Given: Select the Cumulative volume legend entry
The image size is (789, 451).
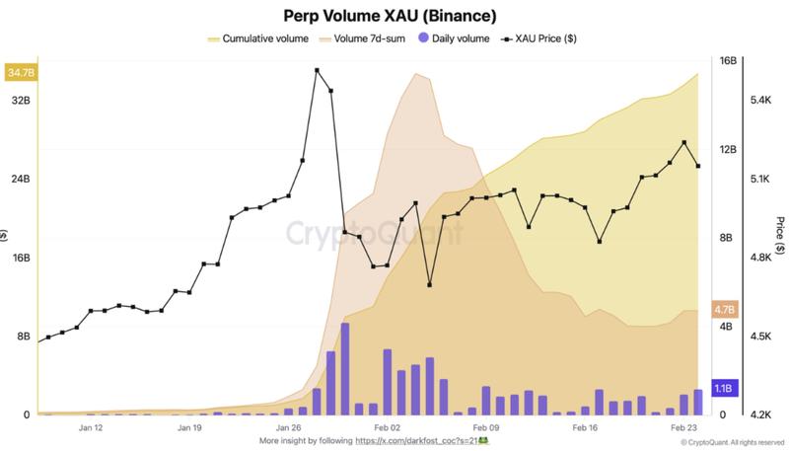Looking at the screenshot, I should pos(258,38).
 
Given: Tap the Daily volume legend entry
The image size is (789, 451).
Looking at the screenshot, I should pos(455,38).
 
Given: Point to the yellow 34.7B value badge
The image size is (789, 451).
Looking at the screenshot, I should pos(19,73).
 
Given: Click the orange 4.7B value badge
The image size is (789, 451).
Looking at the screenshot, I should pos(724,309).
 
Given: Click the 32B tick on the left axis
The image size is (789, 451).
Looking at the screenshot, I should pos(20,101).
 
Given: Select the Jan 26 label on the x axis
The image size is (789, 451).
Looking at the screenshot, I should pos(289,429).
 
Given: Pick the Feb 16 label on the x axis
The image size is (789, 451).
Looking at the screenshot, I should pos(586,429).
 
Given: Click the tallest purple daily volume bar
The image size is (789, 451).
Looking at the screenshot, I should pos(345,368).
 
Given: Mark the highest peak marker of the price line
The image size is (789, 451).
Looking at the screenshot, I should pos(317,70).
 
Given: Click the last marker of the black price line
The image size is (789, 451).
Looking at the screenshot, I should pos(698,166).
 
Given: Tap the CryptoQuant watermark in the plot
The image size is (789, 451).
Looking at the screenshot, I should pos(374,234).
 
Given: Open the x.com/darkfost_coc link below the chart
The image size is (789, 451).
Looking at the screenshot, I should pos(421,441).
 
